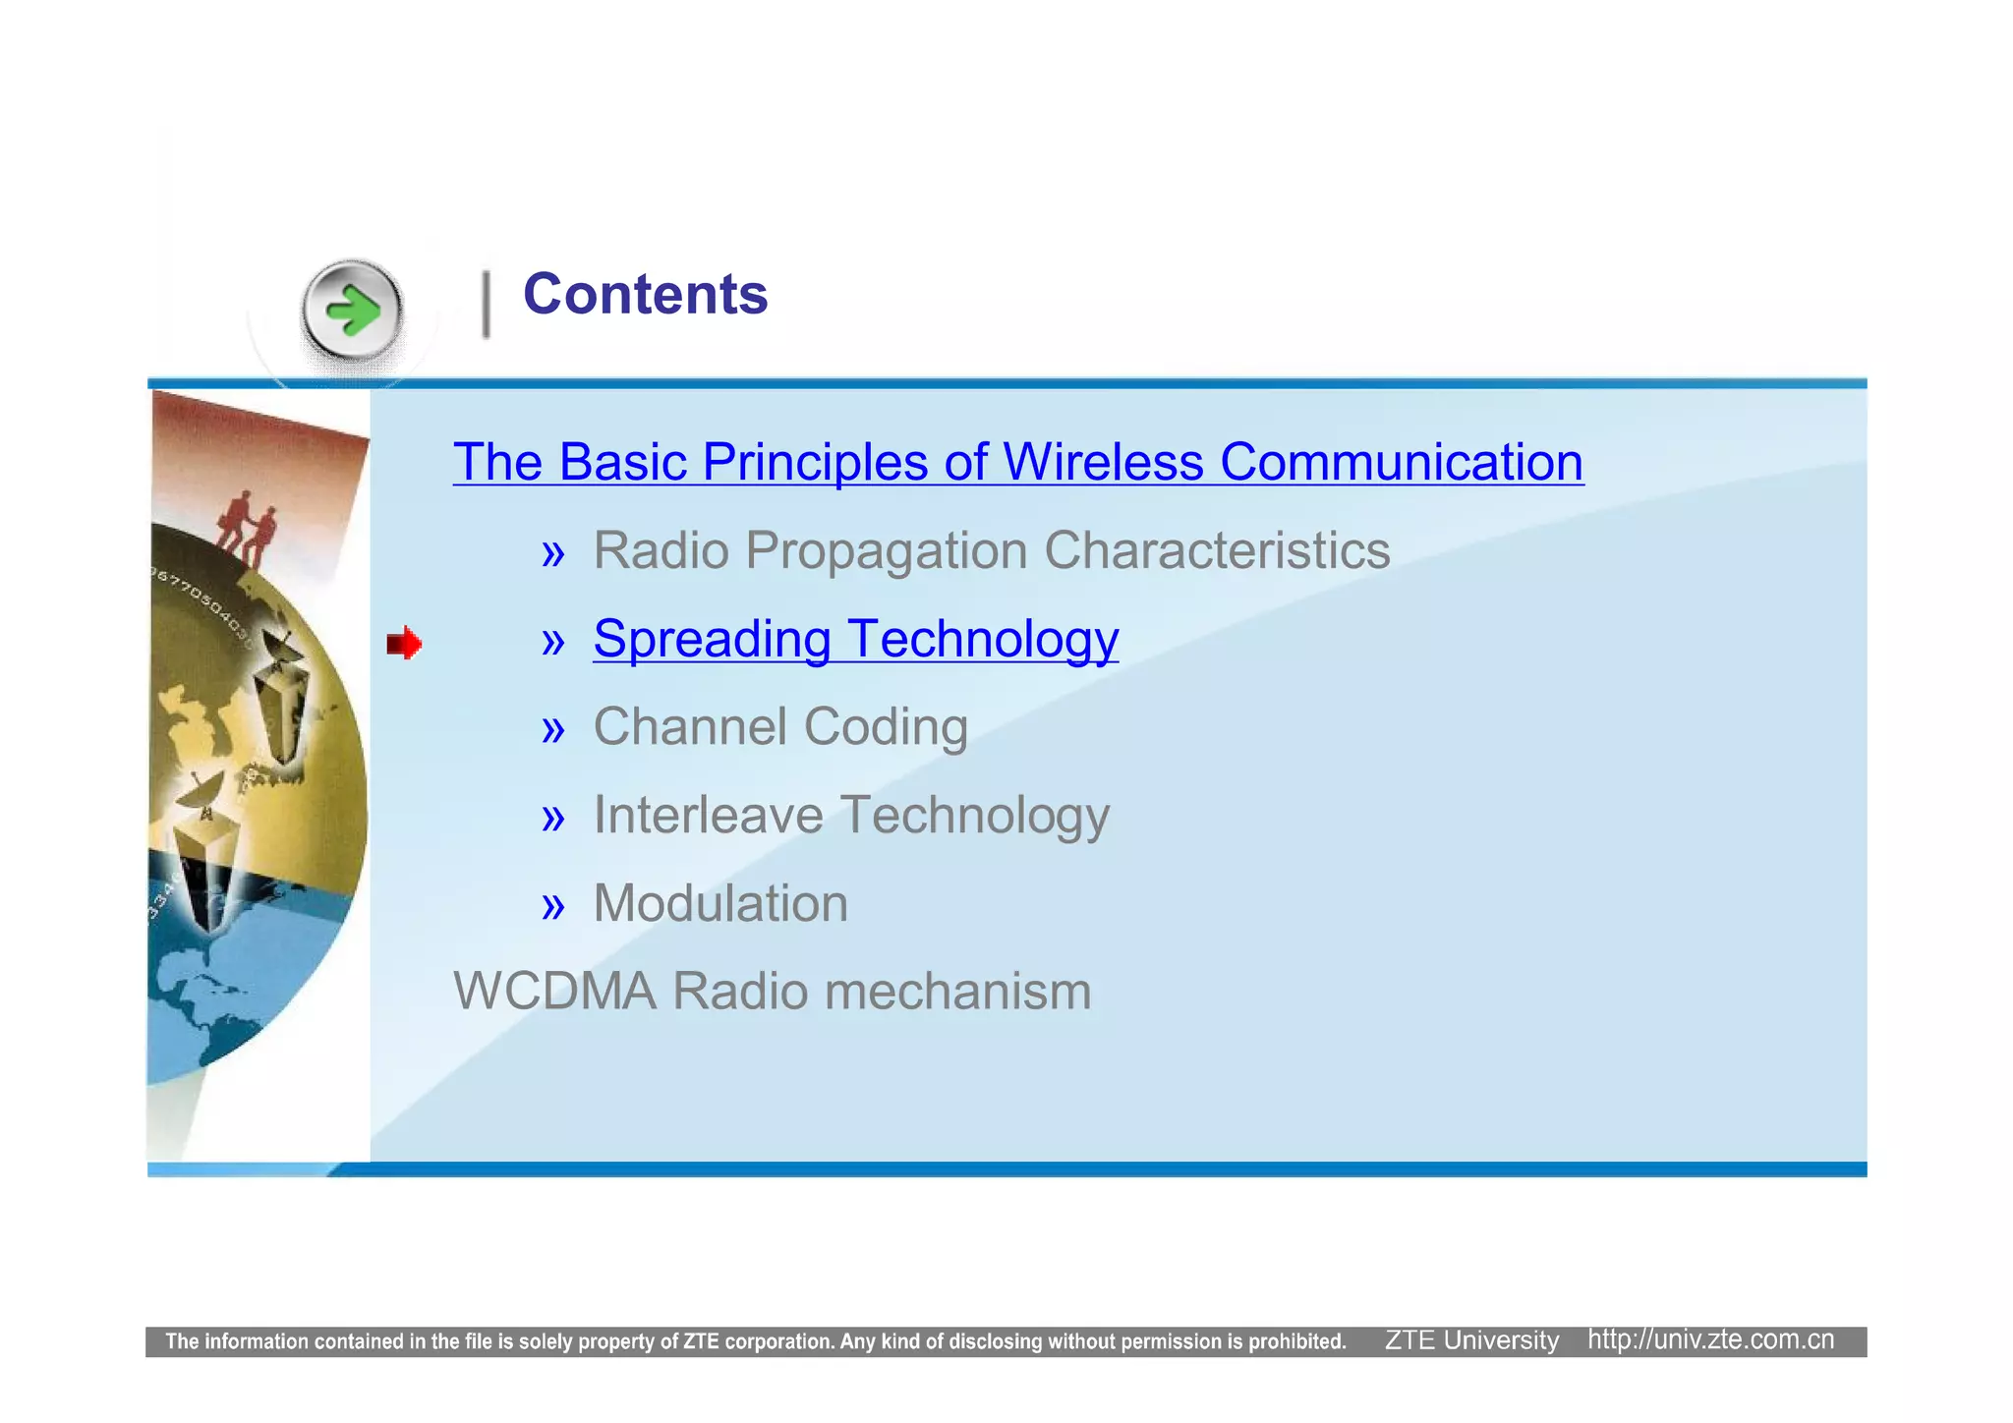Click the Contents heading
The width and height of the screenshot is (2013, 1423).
[x=645, y=295]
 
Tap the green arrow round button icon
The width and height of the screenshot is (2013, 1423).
[x=352, y=313]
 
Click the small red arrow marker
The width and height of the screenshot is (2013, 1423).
[x=404, y=644]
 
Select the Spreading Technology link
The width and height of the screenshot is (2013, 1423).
[x=855, y=639]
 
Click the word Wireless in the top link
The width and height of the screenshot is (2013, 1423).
[x=1103, y=462]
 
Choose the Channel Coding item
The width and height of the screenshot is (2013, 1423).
[x=780, y=727]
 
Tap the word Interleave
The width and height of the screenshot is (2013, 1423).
[x=708, y=816]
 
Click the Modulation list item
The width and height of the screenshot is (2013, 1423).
[x=720, y=903]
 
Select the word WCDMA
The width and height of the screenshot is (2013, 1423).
[x=554, y=991]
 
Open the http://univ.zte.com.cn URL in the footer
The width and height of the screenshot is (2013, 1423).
[x=1710, y=1340]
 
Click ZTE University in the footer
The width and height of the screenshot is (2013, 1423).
[x=1471, y=1340]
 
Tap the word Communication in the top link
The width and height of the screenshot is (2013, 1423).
[x=1402, y=462]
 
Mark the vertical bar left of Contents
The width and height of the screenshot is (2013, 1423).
[x=486, y=305]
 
